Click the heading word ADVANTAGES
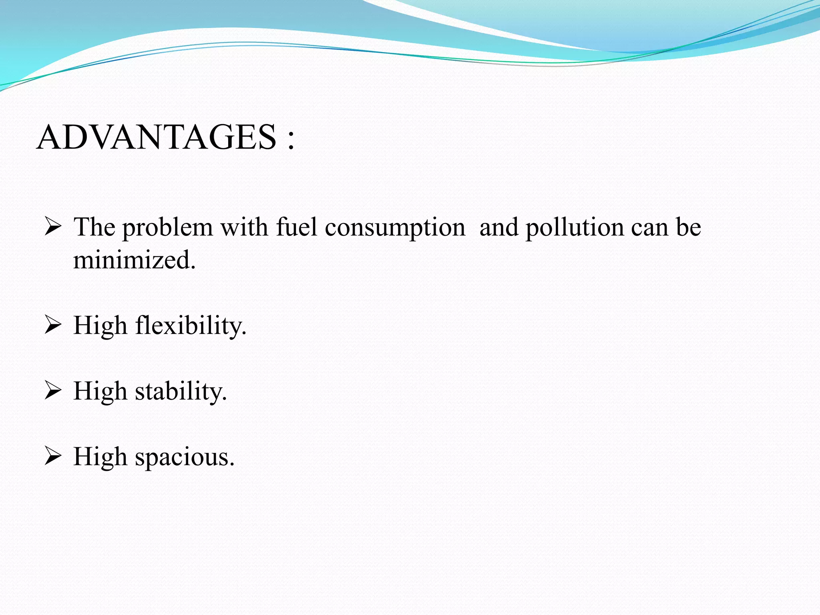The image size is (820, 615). point(157,137)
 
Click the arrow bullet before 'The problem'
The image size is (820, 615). point(52,226)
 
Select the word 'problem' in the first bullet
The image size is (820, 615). point(167,228)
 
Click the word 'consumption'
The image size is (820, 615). point(395,228)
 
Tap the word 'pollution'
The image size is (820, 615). point(575,228)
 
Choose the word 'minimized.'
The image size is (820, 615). point(135,260)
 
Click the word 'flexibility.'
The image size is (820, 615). point(191,326)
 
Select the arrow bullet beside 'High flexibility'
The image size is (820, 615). point(52,324)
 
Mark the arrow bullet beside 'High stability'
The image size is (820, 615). point(52,390)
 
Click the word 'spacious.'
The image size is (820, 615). point(185,457)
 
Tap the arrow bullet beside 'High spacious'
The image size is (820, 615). point(52,456)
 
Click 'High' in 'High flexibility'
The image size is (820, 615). point(100,326)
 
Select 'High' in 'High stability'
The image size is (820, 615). point(100,391)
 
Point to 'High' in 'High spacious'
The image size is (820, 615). point(100,457)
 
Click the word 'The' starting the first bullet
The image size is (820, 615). point(94,227)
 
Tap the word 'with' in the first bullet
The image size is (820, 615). point(244,227)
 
